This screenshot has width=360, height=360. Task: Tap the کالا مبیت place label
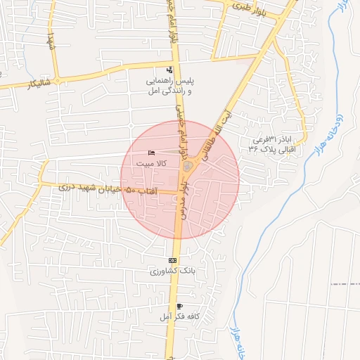coord(151,163)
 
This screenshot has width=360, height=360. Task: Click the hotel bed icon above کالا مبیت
coord(151,153)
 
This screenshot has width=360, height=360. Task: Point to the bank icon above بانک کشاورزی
coord(172,260)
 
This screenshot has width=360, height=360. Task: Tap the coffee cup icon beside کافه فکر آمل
coord(180,307)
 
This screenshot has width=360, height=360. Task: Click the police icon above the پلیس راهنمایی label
coord(169,70)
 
